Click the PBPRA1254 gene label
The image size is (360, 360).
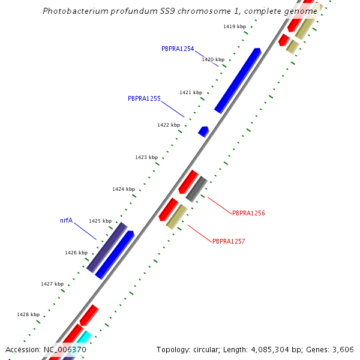[178, 49]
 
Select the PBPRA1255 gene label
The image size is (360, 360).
[144, 98]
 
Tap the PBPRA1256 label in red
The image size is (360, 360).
[248, 213]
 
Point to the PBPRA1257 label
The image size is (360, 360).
[229, 241]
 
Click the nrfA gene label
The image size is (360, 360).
[66, 221]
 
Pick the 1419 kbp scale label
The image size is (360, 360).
[235, 26]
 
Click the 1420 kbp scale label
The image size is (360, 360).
[213, 59]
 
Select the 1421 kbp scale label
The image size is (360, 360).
[191, 92]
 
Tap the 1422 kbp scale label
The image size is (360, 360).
[169, 125]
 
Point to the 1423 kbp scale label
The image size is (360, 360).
[146, 157]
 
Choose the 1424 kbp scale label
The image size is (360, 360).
[124, 189]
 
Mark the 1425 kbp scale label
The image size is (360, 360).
[100, 221]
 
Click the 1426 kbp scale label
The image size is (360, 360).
[76, 253]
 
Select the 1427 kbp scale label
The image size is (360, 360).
[52, 284]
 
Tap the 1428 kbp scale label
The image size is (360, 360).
[28, 314]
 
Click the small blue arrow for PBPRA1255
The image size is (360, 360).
[204, 131]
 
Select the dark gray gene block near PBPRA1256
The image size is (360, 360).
[196, 189]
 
